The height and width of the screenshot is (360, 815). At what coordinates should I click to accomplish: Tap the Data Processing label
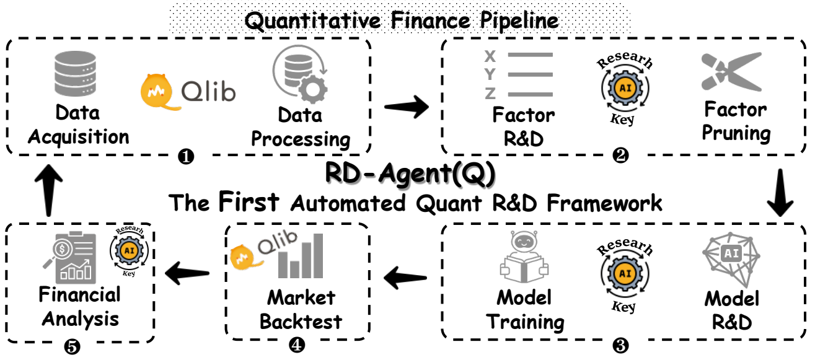(x=300, y=127)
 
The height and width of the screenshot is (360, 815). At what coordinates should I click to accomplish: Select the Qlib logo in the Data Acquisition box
(x=187, y=91)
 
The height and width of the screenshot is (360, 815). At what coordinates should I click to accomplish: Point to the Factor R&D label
(x=524, y=126)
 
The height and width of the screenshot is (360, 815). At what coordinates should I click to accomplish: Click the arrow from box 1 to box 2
(x=407, y=107)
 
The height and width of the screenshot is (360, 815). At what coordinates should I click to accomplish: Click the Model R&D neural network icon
(x=732, y=257)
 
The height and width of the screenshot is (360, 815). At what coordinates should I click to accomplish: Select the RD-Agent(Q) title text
(x=410, y=175)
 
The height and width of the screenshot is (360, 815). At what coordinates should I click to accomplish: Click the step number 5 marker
(x=72, y=346)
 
